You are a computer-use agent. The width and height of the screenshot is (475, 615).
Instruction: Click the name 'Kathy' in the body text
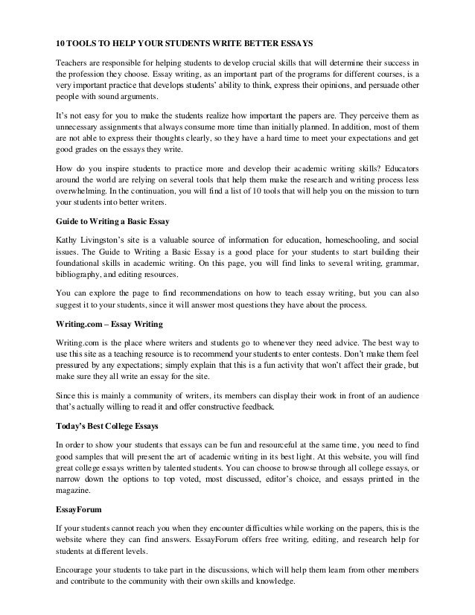click(x=68, y=240)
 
